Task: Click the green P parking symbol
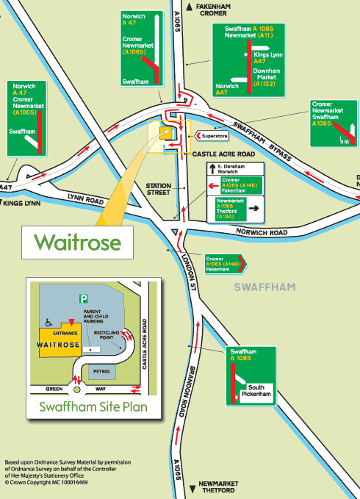(x=83, y=298)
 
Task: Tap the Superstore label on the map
(x=215, y=136)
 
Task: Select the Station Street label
(x=158, y=189)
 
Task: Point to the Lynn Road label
(x=82, y=200)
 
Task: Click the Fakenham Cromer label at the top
(x=215, y=10)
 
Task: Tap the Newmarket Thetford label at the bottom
(x=220, y=489)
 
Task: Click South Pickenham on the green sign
(x=260, y=392)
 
